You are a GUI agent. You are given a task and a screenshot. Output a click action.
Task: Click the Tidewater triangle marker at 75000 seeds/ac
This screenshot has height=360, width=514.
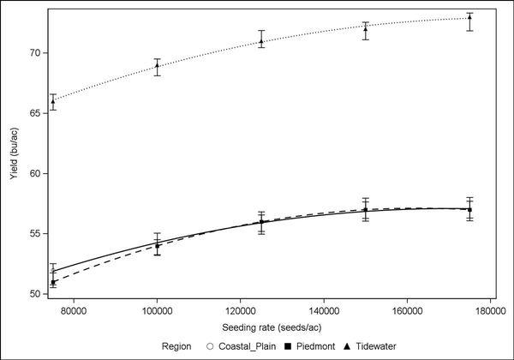click(x=53, y=101)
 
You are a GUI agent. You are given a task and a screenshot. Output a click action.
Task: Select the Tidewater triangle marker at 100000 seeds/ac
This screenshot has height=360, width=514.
click(x=157, y=65)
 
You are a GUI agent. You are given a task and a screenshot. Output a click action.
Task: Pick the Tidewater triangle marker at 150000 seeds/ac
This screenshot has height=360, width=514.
click(x=366, y=28)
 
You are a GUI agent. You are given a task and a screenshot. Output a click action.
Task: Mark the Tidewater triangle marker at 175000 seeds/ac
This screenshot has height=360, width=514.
click(x=469, y=17)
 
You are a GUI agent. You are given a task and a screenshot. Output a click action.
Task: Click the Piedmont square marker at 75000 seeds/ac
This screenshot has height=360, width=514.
click(x=53, y=282)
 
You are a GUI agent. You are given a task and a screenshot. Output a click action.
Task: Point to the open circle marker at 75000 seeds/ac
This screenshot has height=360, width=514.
click(x=53, y=270)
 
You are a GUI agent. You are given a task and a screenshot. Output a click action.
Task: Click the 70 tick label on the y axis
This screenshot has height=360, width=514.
click(x=35, y=53)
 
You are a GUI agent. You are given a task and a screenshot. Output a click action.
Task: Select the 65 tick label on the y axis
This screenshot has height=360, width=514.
click(x=35, y=113)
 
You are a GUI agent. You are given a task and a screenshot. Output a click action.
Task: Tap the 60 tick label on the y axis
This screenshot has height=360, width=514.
click(x=35, y=173)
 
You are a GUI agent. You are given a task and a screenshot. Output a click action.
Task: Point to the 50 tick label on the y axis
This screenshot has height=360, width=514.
click(x=35, y=294)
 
